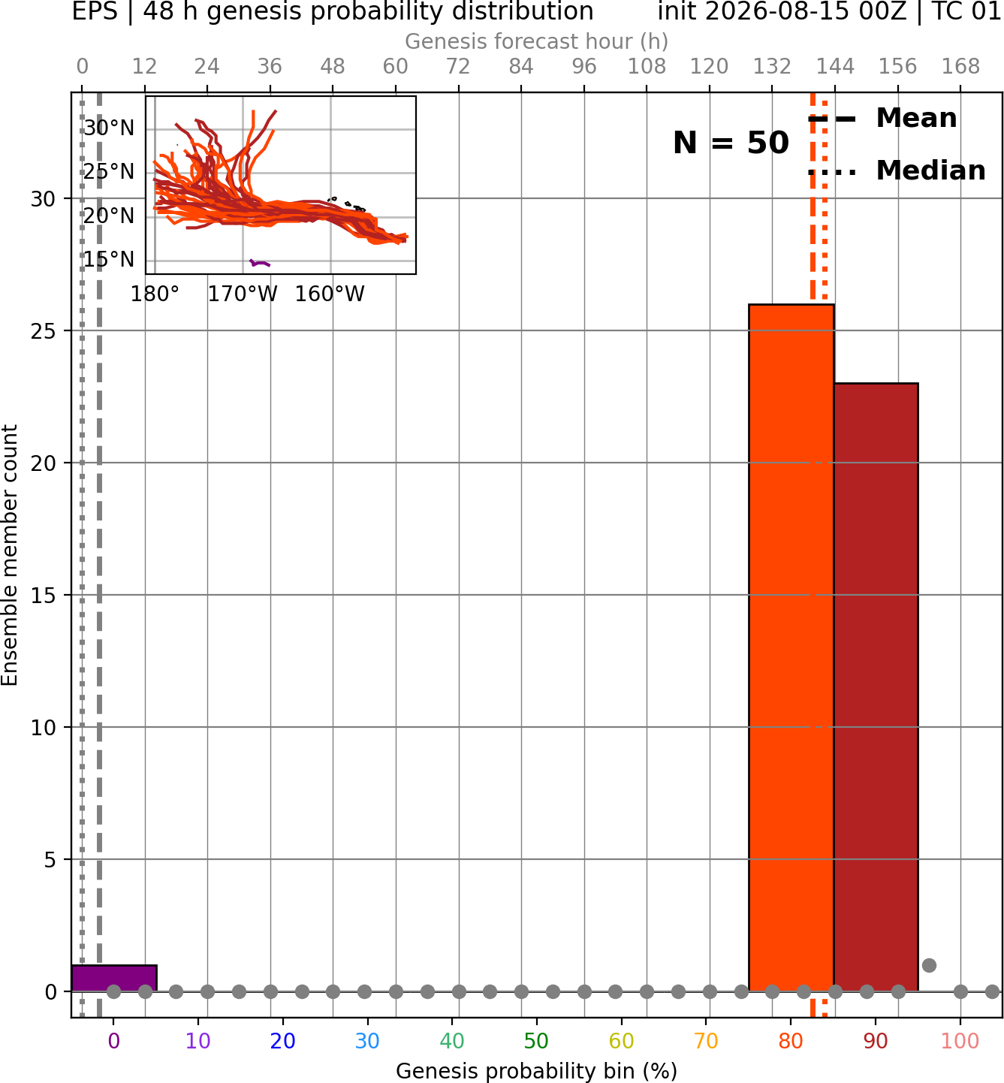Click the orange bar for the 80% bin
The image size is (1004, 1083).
click(x=791, y=647)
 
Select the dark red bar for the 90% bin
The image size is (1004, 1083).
click(x=876, y=687)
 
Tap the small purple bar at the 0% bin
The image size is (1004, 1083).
click(x=114, y=979)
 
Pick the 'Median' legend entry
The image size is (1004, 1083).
click(x=897, y=170)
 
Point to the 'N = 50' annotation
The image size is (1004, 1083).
click(x=731, y=143)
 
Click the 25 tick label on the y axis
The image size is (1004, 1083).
click(x=43, y=331)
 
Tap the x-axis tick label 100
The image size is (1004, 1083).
click(x=960, y=1041)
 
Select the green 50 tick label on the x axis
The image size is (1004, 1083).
click(x=536, y=1041)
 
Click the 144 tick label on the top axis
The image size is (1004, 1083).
click(x=835, y=67)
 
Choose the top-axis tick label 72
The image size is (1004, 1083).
click(x=458, y=67)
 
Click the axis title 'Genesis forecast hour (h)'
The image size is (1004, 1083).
click(x=537, y=41)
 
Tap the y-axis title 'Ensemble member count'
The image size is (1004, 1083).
click(x=9, y=555)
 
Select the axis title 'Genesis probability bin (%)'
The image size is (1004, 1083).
click(x=537, y=1071)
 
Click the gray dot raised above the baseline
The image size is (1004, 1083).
click(x=930, y=965)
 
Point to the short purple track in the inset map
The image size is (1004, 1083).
click(x=260, y=263)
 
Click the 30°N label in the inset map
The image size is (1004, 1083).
click(x=109, y=128)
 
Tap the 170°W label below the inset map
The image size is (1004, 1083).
click(x=243, y=294)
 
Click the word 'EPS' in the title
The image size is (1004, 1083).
click(x=95, y=11)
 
